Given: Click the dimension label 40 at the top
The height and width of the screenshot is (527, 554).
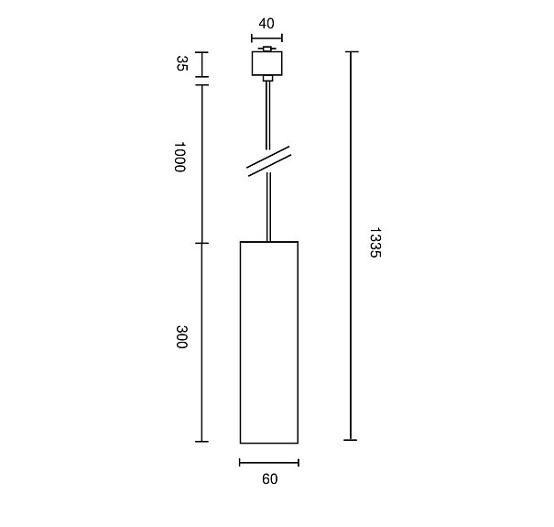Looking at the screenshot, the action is click(266, 24).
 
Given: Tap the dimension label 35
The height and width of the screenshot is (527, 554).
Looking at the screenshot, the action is click(181, 63).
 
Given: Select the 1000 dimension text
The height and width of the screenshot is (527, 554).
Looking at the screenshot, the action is click(179, 157).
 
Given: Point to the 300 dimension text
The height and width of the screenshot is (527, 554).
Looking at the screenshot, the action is click(181, 336).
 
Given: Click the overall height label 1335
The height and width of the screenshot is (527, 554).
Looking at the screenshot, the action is click(375, 242).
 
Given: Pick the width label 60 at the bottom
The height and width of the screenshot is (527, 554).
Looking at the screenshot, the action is click(269, 479).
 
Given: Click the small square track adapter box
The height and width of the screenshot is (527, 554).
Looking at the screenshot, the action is click(267, 63).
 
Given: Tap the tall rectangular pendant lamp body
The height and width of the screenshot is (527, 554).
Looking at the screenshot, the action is click(269, 342).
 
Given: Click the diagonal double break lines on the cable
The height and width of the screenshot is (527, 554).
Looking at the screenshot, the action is click(269, 161).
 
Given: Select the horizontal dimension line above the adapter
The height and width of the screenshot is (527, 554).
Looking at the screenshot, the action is click(266, 38).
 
